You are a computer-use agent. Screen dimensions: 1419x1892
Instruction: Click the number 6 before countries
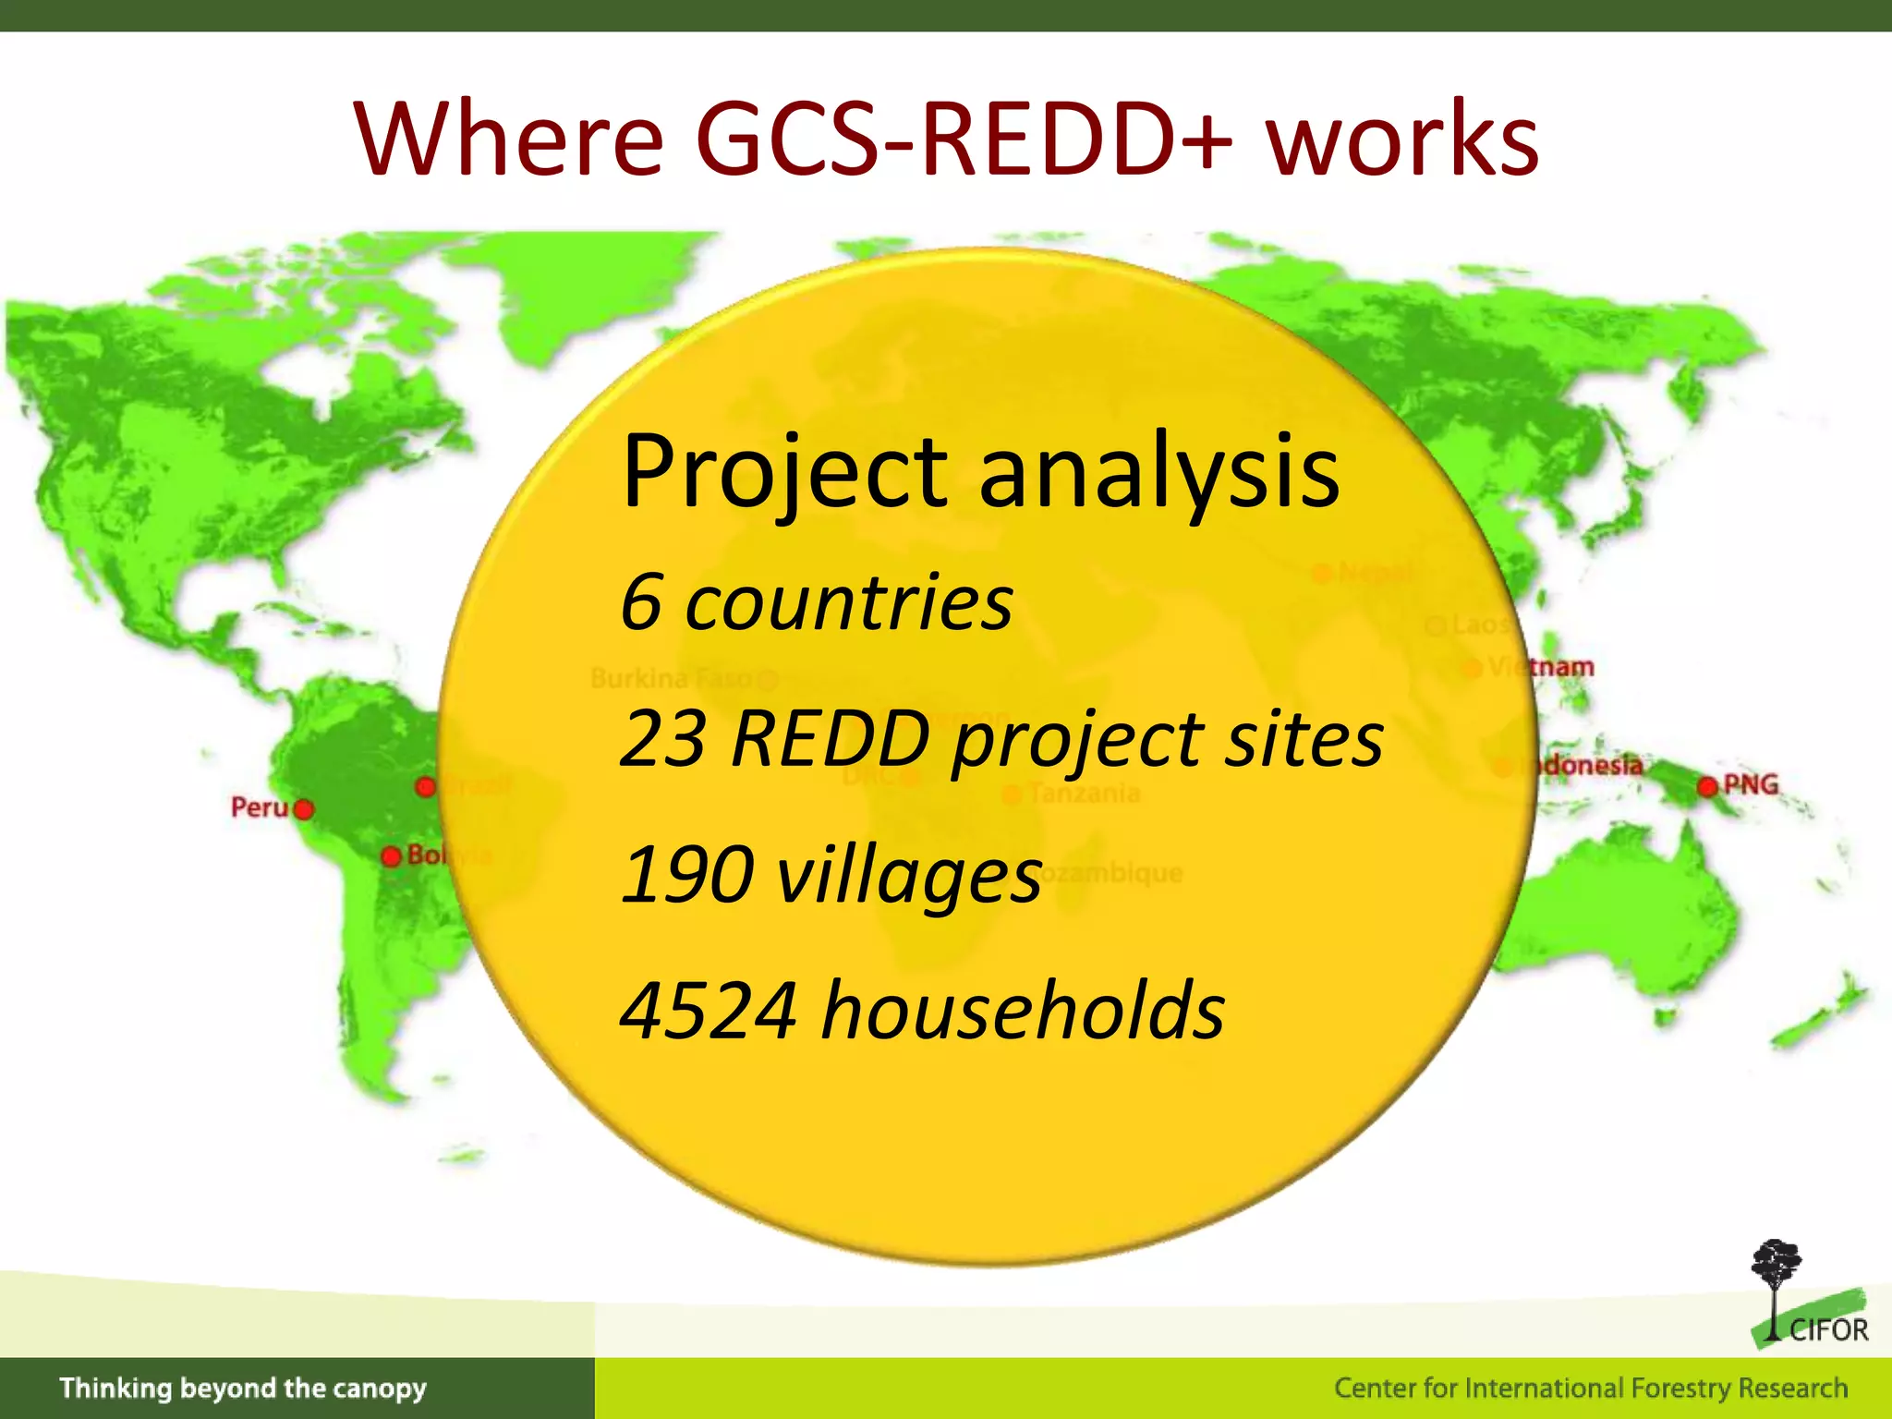pyautogui.click(x=641, y=602)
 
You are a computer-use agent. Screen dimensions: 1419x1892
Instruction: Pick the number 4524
pyautogui.click(x=708, y=1011)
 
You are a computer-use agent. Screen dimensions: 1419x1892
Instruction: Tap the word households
pyautogui.click(x=1024, y=1011)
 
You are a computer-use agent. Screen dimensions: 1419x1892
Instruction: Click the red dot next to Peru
pyautogui.click(x=303, y=810)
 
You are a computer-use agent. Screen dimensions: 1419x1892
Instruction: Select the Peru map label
pyautogui.click(x=259, y=807)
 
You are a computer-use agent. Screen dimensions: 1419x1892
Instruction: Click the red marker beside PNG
pyautogui.click(x=1707, y=787)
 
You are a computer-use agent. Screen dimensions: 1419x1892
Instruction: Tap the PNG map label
pyautogui.click(x=1751, y=785)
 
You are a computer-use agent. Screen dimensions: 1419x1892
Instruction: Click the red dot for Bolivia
pyautogui.click(x=392, y=856)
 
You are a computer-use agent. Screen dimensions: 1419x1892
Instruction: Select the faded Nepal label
pyautogui.click(x=1375, y=573)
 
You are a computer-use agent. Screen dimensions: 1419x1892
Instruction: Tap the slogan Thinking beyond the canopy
pyautogui.click(x=243, y=1388)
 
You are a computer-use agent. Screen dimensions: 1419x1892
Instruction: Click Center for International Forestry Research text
pyautogui.click(x=1590, y=1388)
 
